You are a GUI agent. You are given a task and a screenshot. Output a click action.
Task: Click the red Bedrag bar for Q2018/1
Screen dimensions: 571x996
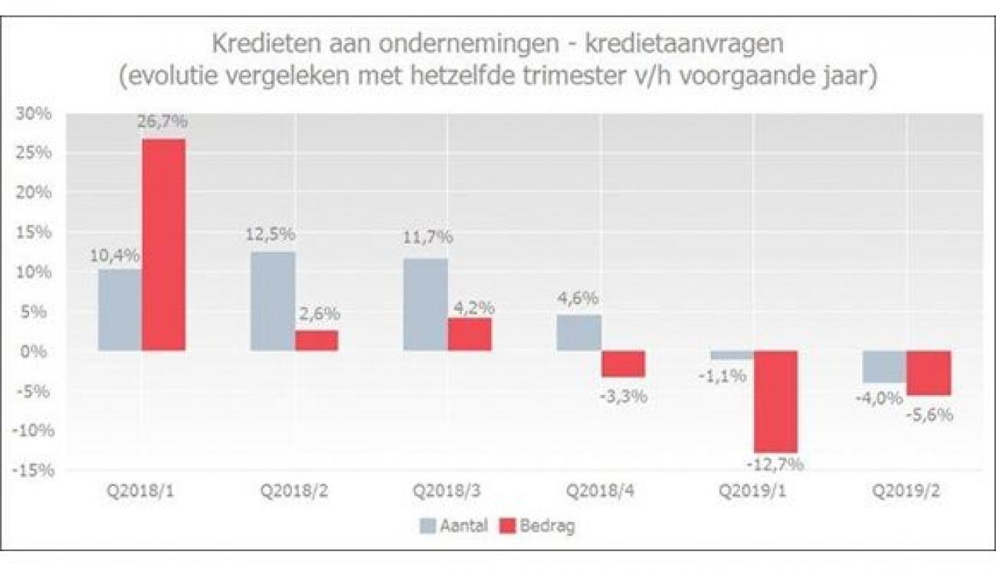[163, 245]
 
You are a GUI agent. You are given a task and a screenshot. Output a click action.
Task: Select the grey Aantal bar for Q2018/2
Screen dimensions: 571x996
[273, 301]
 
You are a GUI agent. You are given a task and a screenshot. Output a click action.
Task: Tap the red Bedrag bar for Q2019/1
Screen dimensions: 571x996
[775, 401]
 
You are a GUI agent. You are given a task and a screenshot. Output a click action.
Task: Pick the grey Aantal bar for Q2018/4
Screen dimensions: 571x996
[579, 333]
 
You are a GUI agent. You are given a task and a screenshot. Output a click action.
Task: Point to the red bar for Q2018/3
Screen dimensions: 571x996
[470, 334]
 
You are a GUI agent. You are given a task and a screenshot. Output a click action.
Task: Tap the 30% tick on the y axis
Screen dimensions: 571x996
[36, 113]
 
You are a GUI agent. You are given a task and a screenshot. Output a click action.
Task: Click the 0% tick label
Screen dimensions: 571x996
[40, 351]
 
